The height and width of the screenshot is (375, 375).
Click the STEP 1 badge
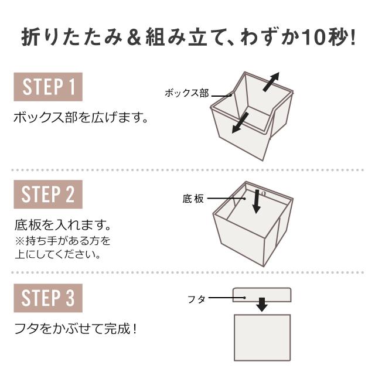point(48,87)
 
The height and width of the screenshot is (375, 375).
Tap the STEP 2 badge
point(48,195)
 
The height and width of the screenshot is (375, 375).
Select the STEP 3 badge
point(48,298)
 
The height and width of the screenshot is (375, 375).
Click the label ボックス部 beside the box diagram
point(187,93)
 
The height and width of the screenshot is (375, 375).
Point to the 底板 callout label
point(193,199)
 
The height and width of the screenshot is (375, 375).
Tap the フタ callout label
point(197,299)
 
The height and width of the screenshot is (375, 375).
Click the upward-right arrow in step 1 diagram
point(271,82)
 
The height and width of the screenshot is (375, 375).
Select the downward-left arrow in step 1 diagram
point(240,123)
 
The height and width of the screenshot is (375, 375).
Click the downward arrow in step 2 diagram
point(257,202)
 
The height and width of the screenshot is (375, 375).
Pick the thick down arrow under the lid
point(262,305)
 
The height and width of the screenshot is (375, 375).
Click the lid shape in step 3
point(262,295)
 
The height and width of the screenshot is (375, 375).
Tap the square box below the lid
point(262,337)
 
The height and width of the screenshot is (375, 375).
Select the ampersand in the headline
point(134,37)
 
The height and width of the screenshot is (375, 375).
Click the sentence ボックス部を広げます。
point(81,118)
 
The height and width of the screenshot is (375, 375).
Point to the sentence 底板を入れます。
point(63,225)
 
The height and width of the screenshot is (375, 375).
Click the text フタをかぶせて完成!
point(76,329)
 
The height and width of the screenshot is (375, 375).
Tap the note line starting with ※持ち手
point(63,241)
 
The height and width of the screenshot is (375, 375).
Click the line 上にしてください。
point(58,254)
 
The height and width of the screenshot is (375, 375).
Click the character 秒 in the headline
point(337,37)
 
